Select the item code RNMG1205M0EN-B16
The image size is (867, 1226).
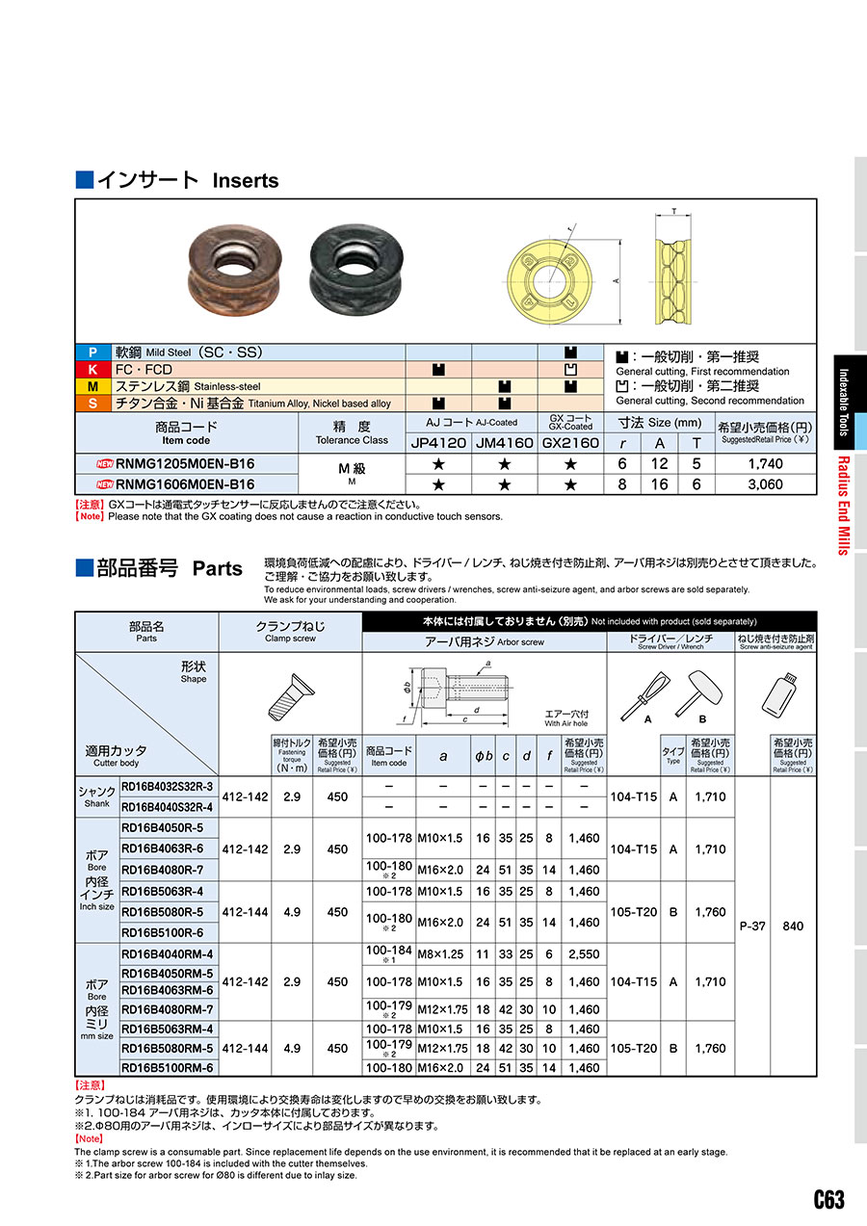pos(185,464)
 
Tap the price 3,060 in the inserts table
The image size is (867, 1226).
pos(765,484)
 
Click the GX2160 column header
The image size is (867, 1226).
pos(570,443)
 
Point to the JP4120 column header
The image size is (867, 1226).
pos(438,443)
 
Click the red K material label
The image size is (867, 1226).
pos(92,370)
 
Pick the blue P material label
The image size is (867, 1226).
pos(92,352)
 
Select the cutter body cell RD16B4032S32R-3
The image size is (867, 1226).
pos(168,787)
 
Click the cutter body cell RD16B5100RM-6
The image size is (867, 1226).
pos(168,1067)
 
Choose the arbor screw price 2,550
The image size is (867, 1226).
pos(584,953)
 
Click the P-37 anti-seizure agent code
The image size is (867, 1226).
pos(751,926)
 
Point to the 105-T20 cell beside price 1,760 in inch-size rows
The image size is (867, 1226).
pos(633,912)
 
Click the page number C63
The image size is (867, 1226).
pos(828,1199)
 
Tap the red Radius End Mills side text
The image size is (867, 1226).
pos(843,505)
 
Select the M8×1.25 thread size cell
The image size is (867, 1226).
pos(443,953)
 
